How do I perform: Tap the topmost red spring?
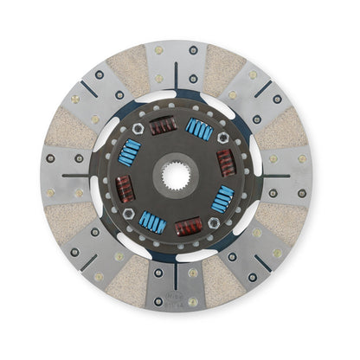point(163,126)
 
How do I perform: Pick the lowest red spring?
point(189,226)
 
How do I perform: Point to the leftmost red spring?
point(126,189)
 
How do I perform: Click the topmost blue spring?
point(200,129)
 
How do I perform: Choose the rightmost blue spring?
point(222,200)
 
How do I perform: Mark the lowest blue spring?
point(152,222)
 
